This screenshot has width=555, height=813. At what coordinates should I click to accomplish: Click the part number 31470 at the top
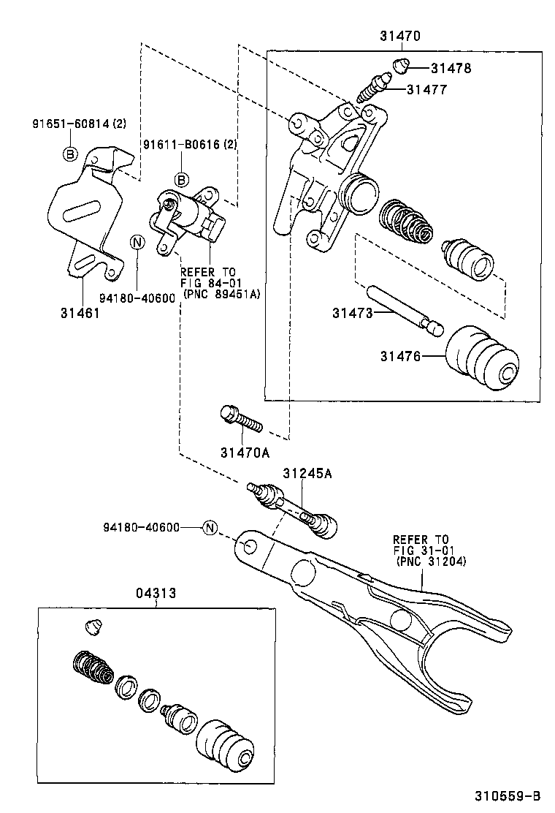coord(400,35)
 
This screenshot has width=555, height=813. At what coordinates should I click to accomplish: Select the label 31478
coord(451,68)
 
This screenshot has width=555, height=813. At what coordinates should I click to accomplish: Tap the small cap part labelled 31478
coord(400,66)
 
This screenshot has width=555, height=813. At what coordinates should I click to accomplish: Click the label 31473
coord(353,313)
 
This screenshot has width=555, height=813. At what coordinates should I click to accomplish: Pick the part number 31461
coord(81,313)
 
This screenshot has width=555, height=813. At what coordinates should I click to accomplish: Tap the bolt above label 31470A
coord(239,420)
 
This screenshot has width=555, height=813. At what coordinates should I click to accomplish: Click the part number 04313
coord(155,594)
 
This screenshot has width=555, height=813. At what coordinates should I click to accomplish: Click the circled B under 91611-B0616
coord(181,179)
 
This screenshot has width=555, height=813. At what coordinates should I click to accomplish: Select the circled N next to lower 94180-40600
coord(210,527)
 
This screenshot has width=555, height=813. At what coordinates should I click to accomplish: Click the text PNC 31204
coord(432,561)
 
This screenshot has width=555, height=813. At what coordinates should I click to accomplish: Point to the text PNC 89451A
coord(223,294)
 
